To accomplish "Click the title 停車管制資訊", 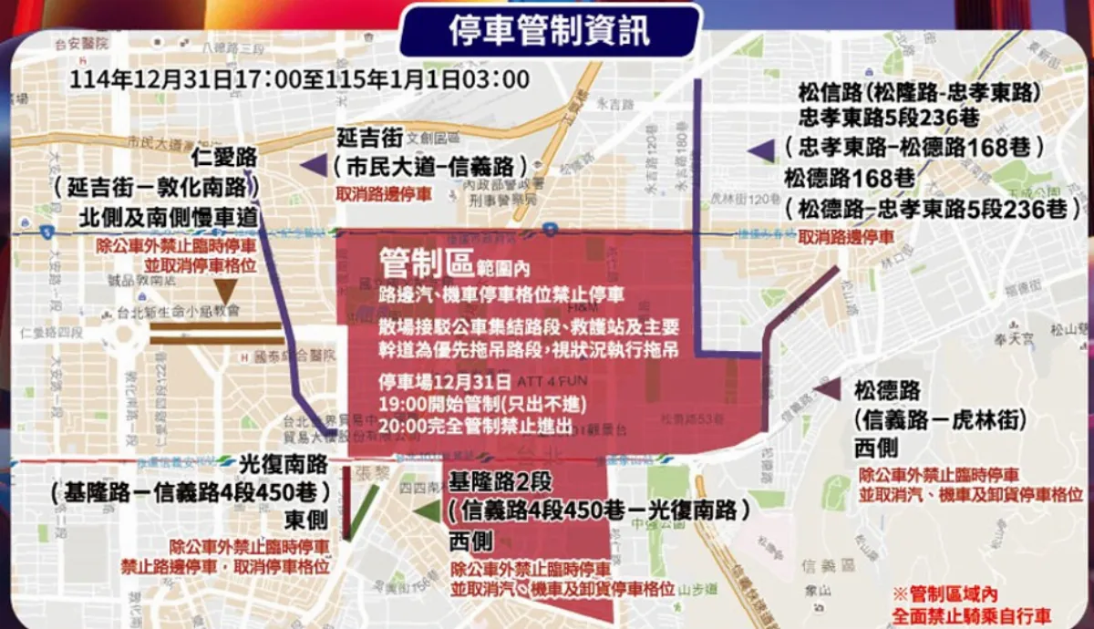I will [x=550, y=30].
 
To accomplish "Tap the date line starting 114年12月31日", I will [x=299, y=78].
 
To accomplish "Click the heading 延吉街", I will [x=369, y=138].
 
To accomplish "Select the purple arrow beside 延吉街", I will [x=313, y=165].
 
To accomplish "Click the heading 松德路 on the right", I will [x=887, y=391].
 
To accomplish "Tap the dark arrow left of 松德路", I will [x=826, y=388].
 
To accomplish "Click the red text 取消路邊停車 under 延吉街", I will [x=384, y=193].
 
